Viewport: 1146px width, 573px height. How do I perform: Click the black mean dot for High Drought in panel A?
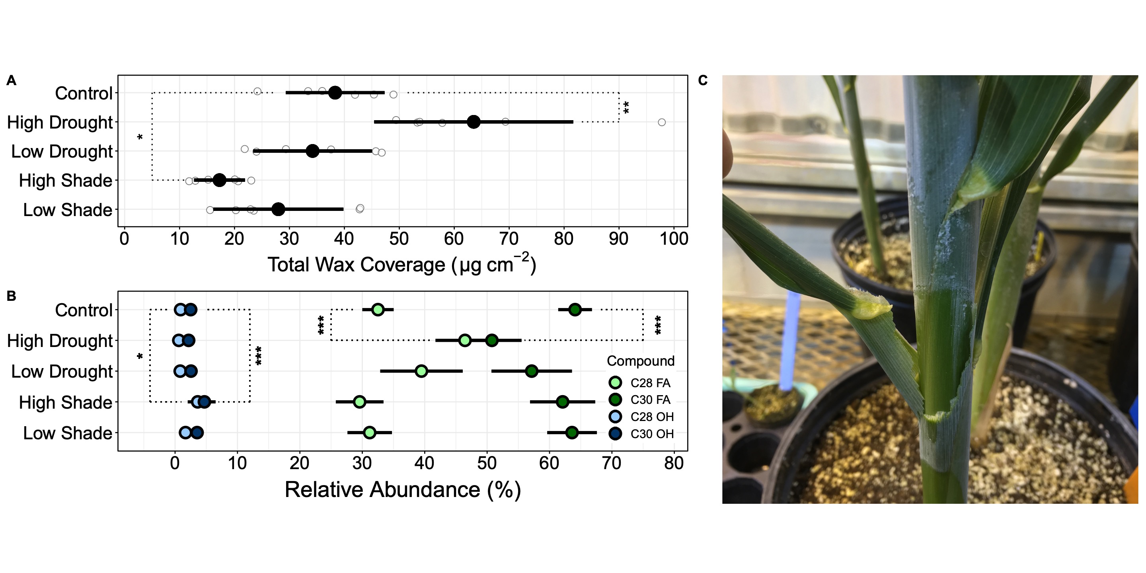(x=474, y=122)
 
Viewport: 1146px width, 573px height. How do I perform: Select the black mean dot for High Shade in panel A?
(x=219, y=180)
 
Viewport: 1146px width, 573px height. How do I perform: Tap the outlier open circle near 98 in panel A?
(x=661, y=122)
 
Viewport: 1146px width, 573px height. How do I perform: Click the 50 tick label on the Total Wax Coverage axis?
(x=399, y=239)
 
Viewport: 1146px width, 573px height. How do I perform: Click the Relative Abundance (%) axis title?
(x=402, y=489)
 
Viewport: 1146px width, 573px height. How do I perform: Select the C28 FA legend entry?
(x=641, y=382)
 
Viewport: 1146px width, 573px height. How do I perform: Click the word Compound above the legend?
(x=640, y=361)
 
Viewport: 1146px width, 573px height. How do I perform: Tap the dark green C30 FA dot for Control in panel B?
(x=575, y=310)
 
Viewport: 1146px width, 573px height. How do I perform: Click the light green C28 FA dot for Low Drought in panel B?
(x=421, y=371)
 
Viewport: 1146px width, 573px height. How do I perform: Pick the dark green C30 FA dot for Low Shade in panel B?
(x=572, y=433)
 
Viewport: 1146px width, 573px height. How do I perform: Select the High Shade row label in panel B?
(x=65, y=403)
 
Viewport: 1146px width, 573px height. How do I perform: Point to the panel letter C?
(x=702, y=80)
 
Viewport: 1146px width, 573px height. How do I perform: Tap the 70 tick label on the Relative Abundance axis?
(x=611, y=464)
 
